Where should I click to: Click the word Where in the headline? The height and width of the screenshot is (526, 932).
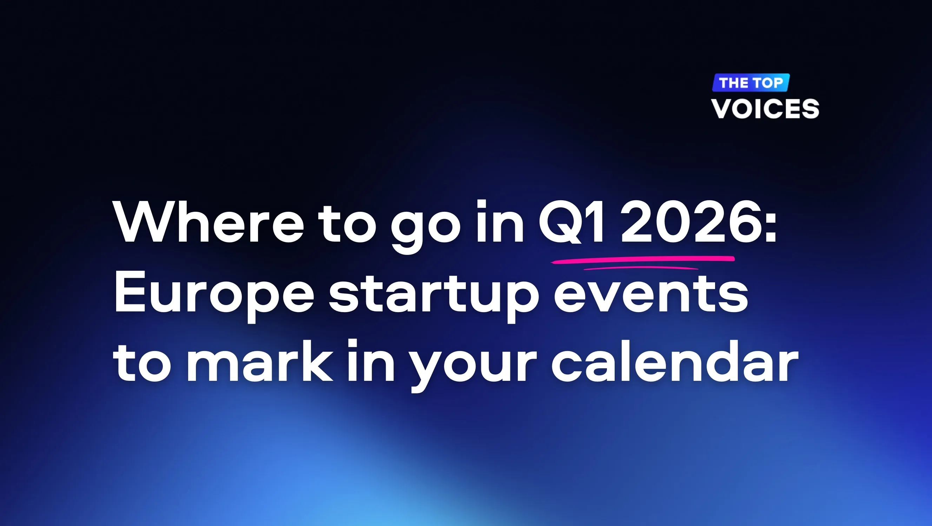(x=209, y=221)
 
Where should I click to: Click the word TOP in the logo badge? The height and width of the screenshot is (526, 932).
(x=768, y=83)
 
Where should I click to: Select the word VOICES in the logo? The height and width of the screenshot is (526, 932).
(x=765, y=108)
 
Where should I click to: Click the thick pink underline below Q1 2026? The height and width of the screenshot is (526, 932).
(x=642, y=259)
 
